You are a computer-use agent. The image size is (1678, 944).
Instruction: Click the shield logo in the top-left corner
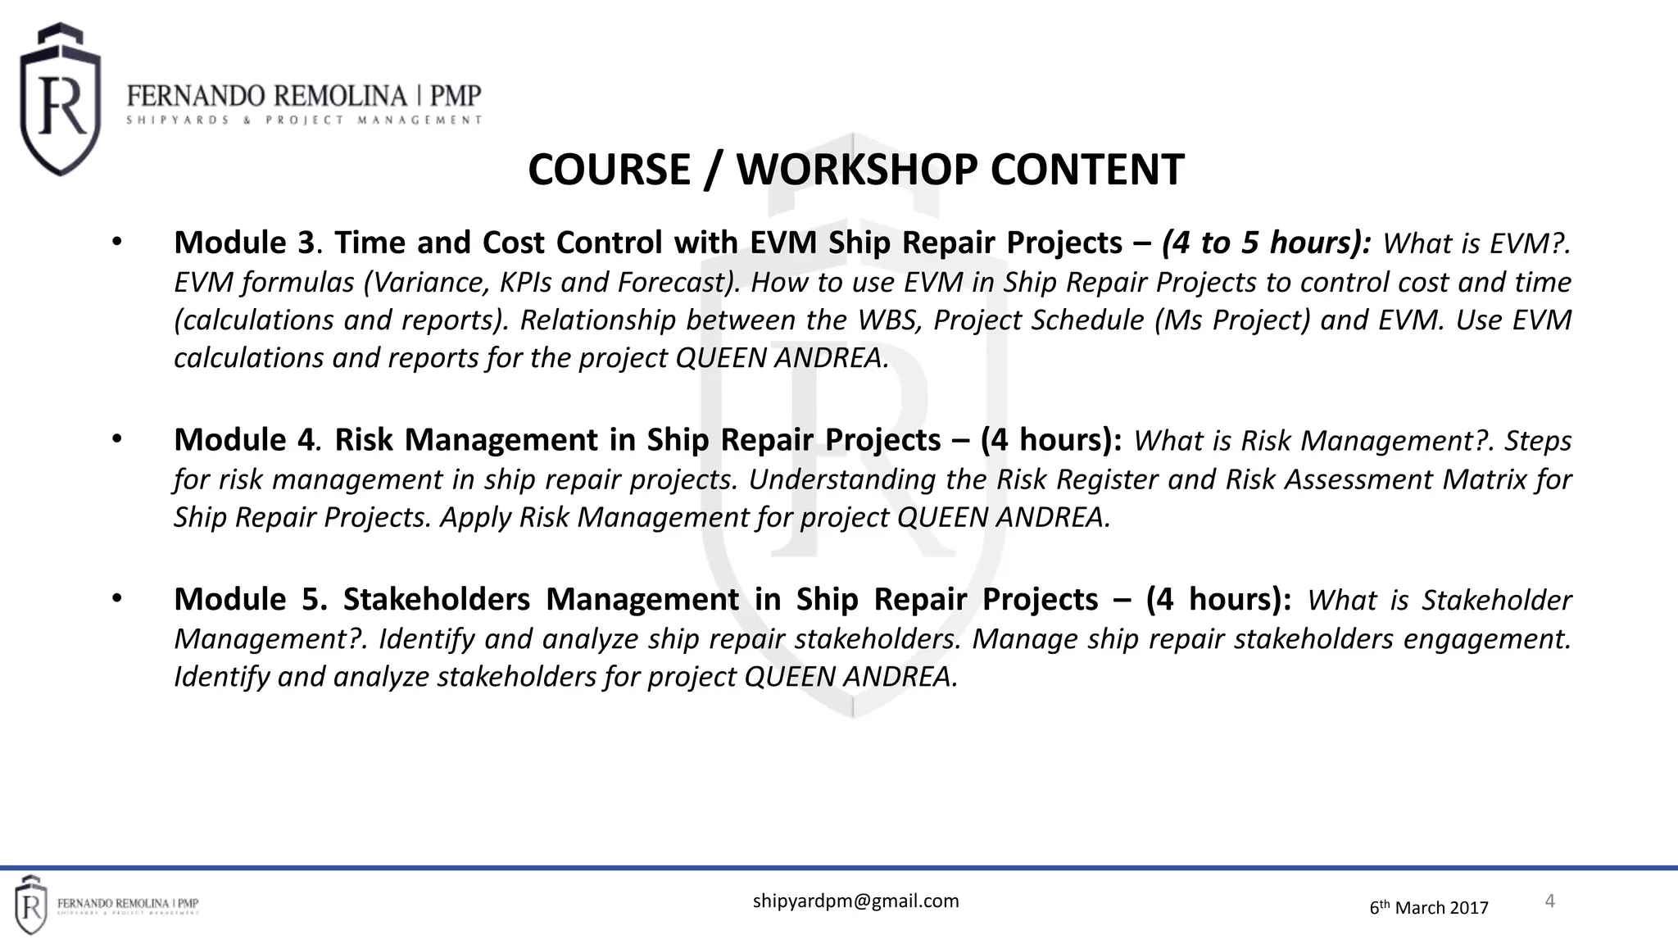pyautogui.click(x=60, y=100)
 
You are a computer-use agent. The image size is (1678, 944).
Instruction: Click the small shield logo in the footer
pyautogui.click(x=30, y=905)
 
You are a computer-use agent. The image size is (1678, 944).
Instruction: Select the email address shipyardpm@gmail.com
pyautogui.click(x=855, y=901)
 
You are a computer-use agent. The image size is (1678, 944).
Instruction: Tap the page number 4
pyautogui.click(x=1549, y=901)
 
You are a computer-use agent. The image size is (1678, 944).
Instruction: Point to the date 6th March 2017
pyautogui.click(x=1429, y=907)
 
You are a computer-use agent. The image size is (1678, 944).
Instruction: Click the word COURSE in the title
pyautogui.click(x=609, y=170)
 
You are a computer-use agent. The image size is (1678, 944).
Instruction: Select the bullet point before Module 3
pyautogui.click(x=116, y=243)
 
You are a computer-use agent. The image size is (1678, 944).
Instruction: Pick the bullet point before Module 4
pyautogui.click(x=116, y=440)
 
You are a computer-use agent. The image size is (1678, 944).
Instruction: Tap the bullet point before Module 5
pyautogui.click(x=116, y=600)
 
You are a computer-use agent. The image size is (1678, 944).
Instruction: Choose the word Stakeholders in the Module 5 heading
pyautogui.click(x=437, y=600)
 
